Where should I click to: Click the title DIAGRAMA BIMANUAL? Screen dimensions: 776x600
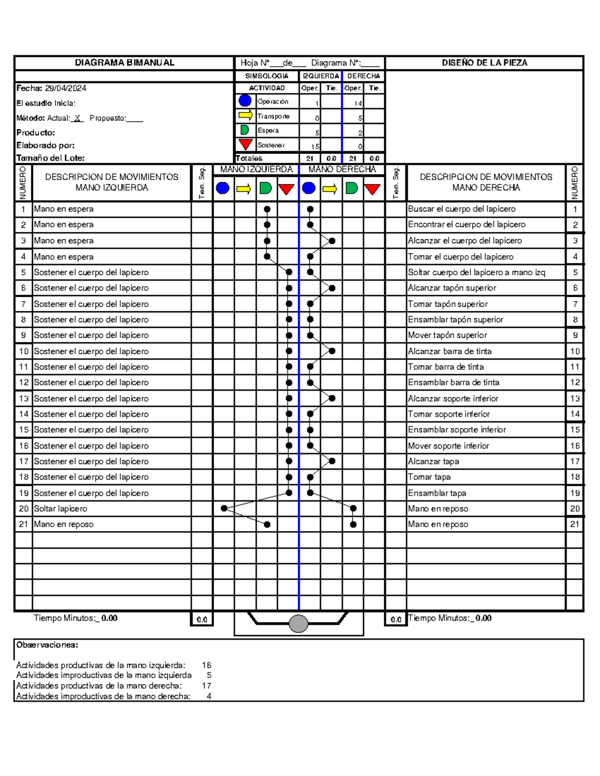pyautogui.click(x=124, y=62)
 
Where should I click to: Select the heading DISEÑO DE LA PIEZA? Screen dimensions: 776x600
pyautogui.click(x=484, y=62)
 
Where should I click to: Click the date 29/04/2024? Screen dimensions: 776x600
pyautogui.click(x=65, y=88)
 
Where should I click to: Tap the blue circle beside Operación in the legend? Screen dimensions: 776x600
pyautogui.click(x=245, y=101)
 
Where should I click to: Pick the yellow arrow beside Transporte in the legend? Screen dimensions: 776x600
pyautogui.click(x=245, y=115)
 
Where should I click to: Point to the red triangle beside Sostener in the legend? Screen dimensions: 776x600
pyautogui.click(x=245, y=144)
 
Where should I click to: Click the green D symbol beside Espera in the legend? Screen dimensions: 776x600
pyautogui.click(x=245, y=130)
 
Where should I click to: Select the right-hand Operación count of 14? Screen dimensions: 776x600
pyautogui.click(x=357, y=103)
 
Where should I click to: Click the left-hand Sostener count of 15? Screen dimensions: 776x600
pyautogui.click(x=315, y=146)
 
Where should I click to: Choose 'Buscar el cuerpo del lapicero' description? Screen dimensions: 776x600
pyautogui.click(x=461, y=209)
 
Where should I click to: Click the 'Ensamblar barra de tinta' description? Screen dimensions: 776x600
pyautogui.click(x=453, y=382)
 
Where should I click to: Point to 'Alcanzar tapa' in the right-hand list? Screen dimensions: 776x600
pyautogui.click(x=433, y=461)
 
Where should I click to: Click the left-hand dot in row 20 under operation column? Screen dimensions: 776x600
pyautogui.click(x=224, y=508)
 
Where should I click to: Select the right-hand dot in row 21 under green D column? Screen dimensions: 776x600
pyautogui.click(x=353, y=524)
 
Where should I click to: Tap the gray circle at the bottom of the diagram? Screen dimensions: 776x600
pyautogui.click(x=298, y=624)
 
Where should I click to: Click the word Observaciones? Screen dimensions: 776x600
pyautogui.click(x=47, y=645)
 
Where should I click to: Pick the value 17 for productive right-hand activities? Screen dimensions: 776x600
pyautogui.click(x=206, y=686)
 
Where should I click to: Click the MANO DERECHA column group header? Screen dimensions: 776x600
pyautogui.click(x=342, y=169)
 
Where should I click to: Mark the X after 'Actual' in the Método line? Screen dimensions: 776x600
pyautogui.click(x=77, y=118)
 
